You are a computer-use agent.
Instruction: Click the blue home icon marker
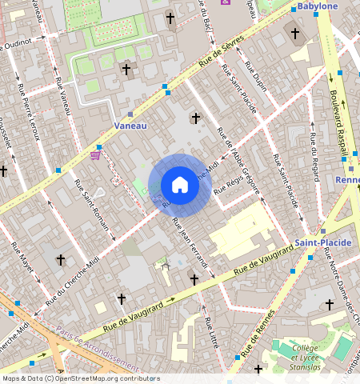click(180, 185)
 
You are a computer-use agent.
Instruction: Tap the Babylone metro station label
click(318, 6)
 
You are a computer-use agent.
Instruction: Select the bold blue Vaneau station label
click(130, 126)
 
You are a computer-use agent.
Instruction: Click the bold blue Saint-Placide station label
click(318, 242)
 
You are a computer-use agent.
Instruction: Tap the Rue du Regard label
click(314, 146)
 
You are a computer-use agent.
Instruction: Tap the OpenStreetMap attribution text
click(81, 378)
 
